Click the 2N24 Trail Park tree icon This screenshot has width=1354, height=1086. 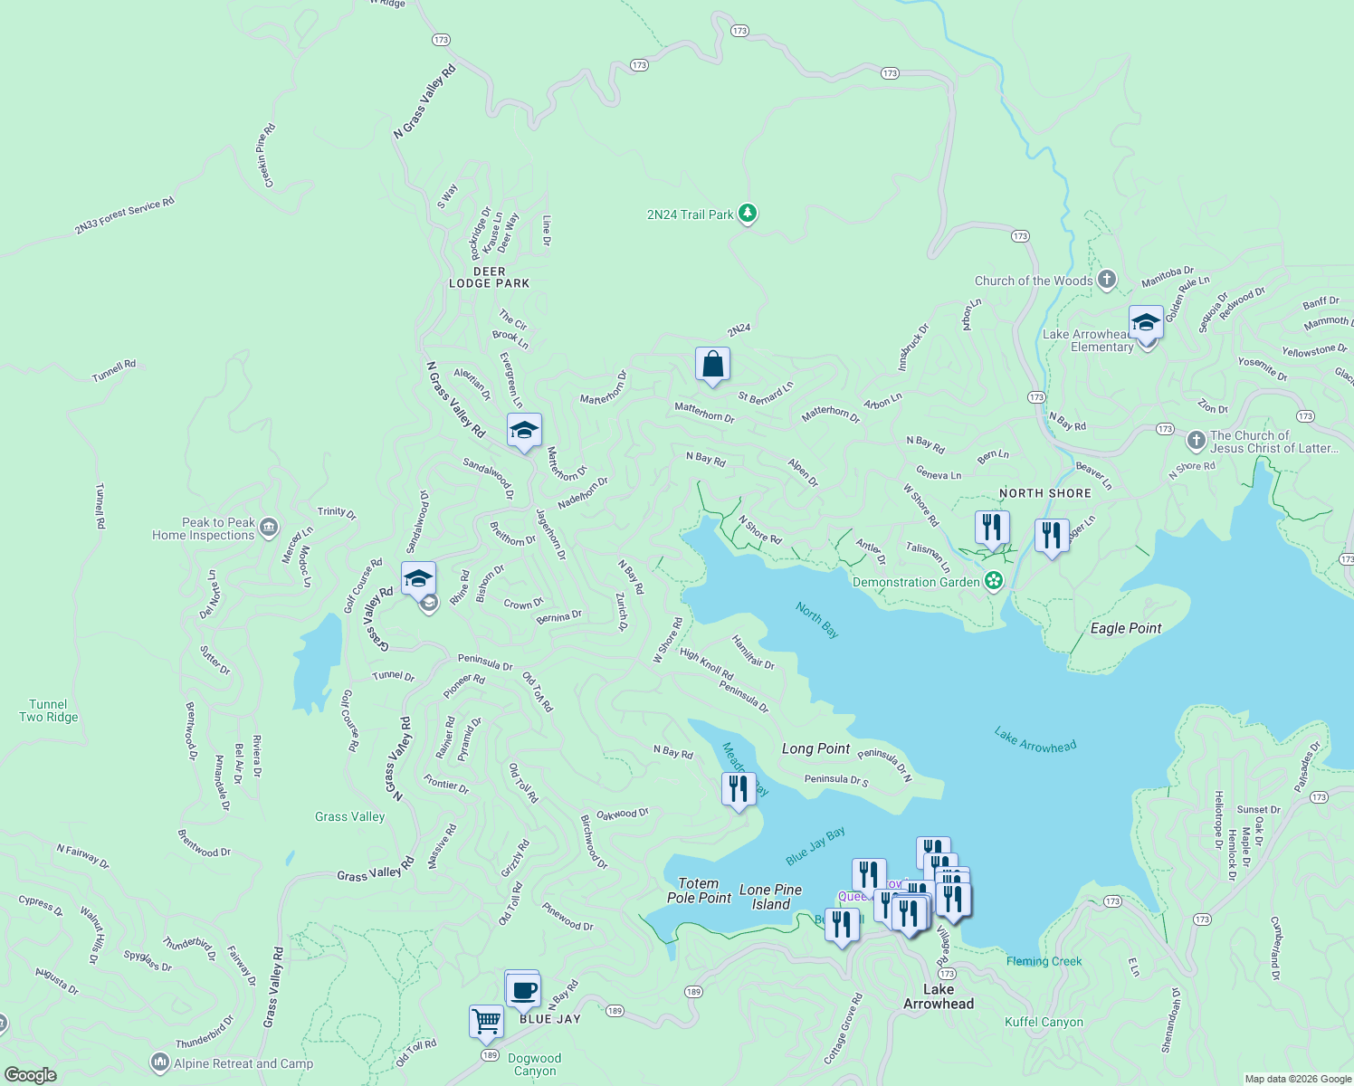click(x=748, y=214)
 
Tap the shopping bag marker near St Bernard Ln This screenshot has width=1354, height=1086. click(x=712, y=365)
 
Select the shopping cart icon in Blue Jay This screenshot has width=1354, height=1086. click(x=487, y=1022)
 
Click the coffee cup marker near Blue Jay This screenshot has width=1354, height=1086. click(x=522, y=990)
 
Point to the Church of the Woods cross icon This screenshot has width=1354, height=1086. click(x=1107, y=280)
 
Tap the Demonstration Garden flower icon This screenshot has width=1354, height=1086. click(x=994, y=581)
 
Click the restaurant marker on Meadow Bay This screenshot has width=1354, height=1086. click(x=739, y=790)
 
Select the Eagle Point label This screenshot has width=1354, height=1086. click(x=1125, y=628)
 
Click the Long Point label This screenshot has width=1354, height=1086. click(x=815, y=748)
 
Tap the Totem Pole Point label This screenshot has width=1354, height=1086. click(x=699, y=891)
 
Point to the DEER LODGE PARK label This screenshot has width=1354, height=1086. click(x=490, y=277)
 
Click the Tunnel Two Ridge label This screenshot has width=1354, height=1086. click(x=49, y=710)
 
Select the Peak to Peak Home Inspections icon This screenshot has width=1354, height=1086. click(x=268, y=528)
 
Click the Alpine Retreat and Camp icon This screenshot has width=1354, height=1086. click(x=160, y=1062)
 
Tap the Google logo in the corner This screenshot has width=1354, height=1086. click(x=30, y=1074)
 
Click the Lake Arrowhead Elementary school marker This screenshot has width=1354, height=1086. click(x=1146, y=324)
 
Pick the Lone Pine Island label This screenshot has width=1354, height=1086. click(x=770, y=897)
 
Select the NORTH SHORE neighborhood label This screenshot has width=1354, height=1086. click(x=1044, y=493)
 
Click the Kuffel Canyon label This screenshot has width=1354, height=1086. click(x=1044, y=1022)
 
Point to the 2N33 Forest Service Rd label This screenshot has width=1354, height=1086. click(x=124, y=216)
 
